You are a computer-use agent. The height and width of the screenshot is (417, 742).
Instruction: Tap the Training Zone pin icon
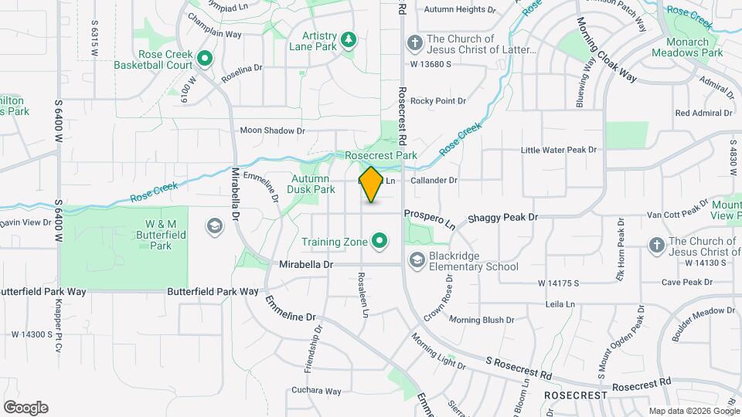(380, 242)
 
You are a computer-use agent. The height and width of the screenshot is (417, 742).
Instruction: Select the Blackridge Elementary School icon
(417, 260)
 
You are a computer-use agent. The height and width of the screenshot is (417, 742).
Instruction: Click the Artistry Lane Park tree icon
(349, 39)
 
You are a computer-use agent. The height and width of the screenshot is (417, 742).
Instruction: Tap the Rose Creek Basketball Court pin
(205, 57)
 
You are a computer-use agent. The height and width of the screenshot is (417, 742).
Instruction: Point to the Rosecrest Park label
(381, 155)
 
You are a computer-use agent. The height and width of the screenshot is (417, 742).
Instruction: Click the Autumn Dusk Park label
(311, 184)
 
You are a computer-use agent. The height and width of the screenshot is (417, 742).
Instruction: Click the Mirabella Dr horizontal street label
(305, 264)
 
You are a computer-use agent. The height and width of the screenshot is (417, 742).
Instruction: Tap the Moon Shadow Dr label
(272, 131)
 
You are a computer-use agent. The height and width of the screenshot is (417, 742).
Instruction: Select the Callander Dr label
(434, 181)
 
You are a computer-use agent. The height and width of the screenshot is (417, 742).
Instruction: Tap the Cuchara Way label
(317, 391)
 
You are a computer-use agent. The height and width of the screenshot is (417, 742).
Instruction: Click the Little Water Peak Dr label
(559, 150)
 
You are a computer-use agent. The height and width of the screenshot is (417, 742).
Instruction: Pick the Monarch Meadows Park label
(687, 48)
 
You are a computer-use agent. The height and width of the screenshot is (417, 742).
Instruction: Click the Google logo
(26, 408)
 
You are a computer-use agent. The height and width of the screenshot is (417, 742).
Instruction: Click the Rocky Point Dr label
(438, 101)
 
